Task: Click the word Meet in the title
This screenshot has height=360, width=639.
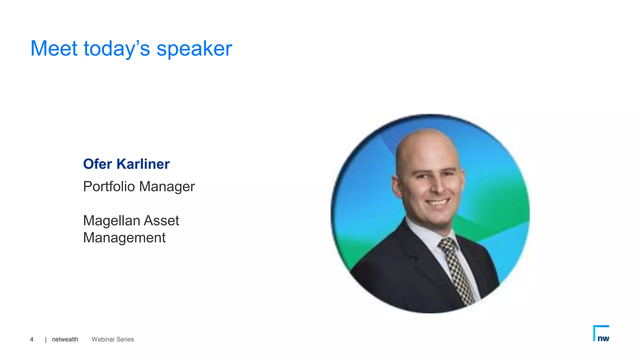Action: (x=54, y=49)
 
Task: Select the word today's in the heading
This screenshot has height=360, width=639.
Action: (x=117, y=49)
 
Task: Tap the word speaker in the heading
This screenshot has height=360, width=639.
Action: (x=194, y=49)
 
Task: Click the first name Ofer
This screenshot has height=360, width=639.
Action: (x=97, y=164)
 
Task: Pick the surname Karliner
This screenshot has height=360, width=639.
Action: (x=143, y=164)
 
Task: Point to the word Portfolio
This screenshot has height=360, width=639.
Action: (x=109, y=187)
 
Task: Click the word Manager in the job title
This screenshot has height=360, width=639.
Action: (x=167, y=187)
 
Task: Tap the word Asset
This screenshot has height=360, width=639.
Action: (x=161, y=220)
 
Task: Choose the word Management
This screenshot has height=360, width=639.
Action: (x=124, y=238)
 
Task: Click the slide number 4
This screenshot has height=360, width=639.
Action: (x=32, y=339)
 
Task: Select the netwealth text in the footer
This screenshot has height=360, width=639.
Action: (x=65, y=339)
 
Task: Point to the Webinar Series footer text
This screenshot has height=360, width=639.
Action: (x=113, y=339)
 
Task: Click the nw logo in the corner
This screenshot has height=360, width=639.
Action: (x=601, y=334)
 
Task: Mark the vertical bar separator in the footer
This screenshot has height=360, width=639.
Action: (x=46, y=340)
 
